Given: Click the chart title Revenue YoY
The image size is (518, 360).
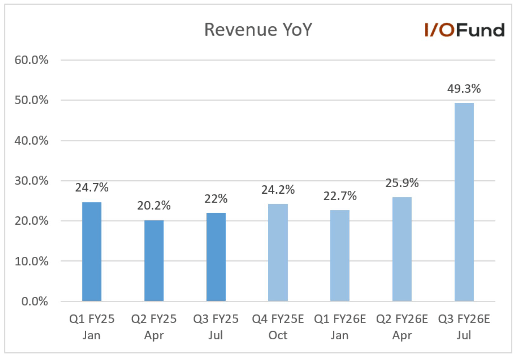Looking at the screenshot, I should (x=258, y=30).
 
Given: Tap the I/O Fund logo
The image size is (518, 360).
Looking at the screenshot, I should (x=464, y=30).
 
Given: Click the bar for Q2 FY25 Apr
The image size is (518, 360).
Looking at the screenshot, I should (x=154, y=260).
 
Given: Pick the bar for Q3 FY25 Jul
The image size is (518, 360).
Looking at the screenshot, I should (x=216, y=257).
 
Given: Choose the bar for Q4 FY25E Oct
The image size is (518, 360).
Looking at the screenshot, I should (x=278, y=252).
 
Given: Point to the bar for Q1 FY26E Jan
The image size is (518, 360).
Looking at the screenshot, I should (x=340, y=255).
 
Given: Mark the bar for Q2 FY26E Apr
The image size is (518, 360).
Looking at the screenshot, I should (x=402, y=249).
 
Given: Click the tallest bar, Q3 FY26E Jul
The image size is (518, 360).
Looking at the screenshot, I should (x=464, y=202).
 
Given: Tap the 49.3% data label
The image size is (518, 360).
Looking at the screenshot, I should (x=464, y=89).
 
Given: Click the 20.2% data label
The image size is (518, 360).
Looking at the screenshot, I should (x=154, y=206).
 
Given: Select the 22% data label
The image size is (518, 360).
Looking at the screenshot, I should (x=216, y=199).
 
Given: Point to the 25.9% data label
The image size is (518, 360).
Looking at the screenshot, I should (x=402, y=183).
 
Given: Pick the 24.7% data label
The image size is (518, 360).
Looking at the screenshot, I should (x=92, y=188).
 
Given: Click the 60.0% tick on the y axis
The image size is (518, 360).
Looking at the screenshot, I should (x=31, y=60).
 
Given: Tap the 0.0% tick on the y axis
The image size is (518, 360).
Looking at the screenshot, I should (x=35, y=301).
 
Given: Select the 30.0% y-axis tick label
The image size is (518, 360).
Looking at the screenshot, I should (x=31, y=181).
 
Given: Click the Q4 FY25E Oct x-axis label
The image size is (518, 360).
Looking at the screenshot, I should (x=278, y=327).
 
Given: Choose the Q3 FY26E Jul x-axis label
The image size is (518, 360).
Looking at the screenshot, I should (x=464, y=327).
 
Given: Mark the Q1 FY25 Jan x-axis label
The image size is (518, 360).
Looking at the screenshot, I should (x=92, y=327).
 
